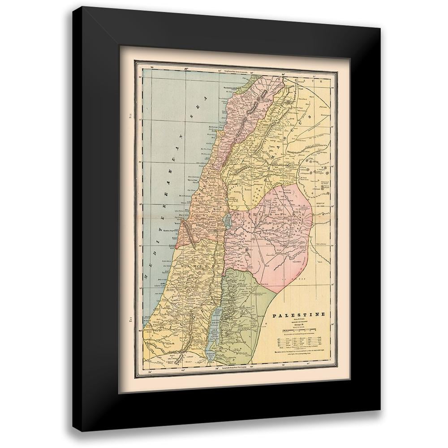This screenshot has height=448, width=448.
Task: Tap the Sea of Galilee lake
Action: click(x=227, y=220)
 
